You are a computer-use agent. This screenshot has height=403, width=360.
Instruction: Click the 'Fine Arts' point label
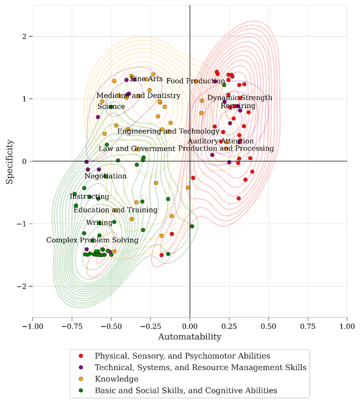point(146,79)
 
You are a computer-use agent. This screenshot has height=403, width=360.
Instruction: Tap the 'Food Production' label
point(195,81)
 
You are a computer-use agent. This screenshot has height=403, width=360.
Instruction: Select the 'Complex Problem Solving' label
point(92,240)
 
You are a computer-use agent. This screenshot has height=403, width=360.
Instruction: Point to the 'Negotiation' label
point(105,176)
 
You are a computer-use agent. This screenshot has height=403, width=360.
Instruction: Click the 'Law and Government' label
point(136,148)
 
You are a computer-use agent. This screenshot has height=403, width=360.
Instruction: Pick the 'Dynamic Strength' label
point(240,97)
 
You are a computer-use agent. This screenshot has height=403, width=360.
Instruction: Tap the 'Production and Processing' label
point(226,148)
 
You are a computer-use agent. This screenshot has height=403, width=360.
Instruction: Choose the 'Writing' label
point(99,222)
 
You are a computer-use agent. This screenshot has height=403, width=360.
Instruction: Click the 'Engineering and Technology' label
point(168,131)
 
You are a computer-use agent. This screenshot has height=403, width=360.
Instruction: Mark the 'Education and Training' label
point(115,210)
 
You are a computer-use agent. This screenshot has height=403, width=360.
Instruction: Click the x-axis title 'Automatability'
point(189,337)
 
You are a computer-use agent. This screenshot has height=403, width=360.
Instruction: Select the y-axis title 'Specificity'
point(9,161)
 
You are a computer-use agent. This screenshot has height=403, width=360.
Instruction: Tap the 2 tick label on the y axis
point(22,36)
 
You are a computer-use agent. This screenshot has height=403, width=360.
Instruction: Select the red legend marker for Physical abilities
point(81,356)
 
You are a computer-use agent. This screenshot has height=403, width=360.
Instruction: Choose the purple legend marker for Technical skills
point(81,367)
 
